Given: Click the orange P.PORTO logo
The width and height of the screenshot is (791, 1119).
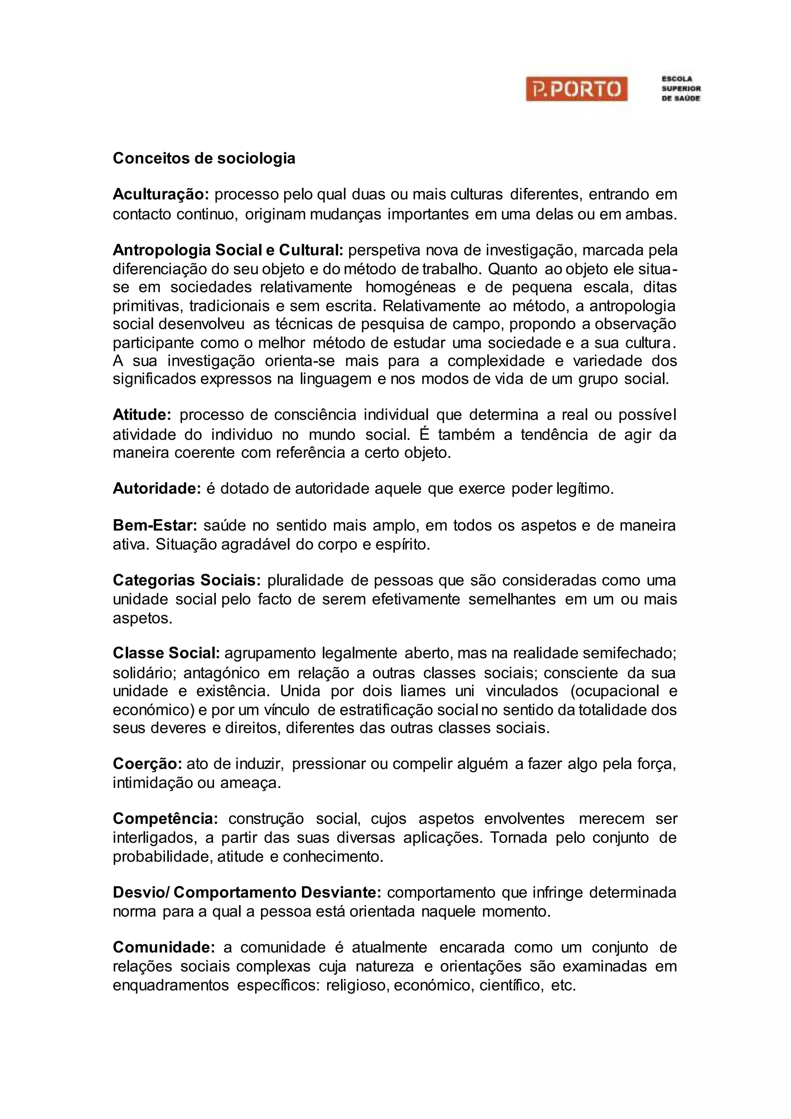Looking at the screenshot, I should (576, 89).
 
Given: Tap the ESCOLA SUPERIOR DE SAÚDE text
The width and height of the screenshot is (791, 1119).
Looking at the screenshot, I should (681, 89).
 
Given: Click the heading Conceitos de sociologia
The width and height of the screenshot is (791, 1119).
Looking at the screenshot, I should (204, 158).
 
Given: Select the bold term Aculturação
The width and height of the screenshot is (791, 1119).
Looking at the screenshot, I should (161, 194).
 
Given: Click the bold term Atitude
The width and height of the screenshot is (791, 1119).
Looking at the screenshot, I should (142, 415).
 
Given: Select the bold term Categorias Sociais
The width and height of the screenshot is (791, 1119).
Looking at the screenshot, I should (187, 580).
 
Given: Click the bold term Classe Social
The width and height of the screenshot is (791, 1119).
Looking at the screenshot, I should (166, 653).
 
